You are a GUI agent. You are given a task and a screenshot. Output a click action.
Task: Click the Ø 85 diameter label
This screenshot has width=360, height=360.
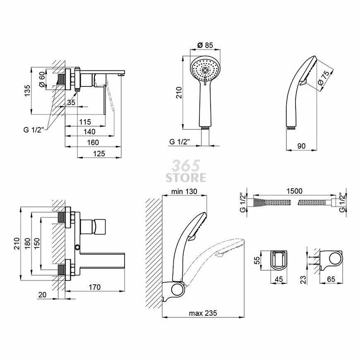pos(205,45)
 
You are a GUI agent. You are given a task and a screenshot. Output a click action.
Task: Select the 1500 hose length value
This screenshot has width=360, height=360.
pos(294,191)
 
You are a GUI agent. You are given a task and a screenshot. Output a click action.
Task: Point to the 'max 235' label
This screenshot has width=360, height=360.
pos(203,313)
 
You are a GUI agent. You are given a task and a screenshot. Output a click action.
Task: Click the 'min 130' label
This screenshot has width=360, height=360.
pos(184,191)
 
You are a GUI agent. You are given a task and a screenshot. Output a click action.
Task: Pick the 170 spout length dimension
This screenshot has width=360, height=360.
pos(95,287)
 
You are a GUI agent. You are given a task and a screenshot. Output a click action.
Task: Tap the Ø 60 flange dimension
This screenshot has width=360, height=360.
pos(42,79)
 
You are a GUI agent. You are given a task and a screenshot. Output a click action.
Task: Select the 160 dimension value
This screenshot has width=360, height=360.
pos(93,142)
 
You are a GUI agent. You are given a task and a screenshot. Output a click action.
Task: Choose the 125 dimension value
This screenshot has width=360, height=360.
pos(99,154)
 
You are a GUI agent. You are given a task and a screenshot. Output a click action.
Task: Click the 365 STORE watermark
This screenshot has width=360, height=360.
pos(186,171)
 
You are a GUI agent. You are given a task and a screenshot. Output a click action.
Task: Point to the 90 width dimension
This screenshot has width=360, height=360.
pos(301,146)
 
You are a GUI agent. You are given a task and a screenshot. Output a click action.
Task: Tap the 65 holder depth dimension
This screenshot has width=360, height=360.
pos(331,279)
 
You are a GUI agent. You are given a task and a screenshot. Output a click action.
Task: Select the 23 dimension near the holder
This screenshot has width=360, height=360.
pos(304,280)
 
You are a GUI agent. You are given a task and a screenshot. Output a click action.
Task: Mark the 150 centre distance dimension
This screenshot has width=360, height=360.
pos(37,244)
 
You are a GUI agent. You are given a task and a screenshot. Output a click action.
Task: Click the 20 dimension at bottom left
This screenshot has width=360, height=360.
pos(43,295)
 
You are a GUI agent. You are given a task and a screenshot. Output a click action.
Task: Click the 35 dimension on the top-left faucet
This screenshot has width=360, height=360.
pos(71,102)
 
